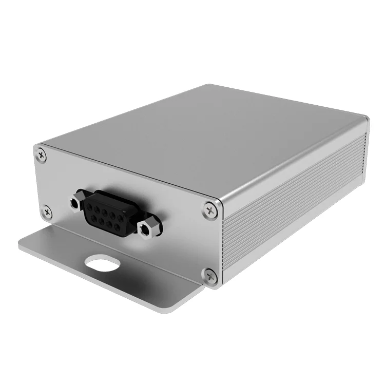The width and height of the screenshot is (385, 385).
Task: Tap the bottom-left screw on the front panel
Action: [46, 210]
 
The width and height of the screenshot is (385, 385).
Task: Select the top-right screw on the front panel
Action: [209, 209]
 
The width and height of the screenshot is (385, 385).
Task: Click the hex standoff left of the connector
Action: [76, 203]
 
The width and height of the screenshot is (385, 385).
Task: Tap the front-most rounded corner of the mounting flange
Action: [175, 308]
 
